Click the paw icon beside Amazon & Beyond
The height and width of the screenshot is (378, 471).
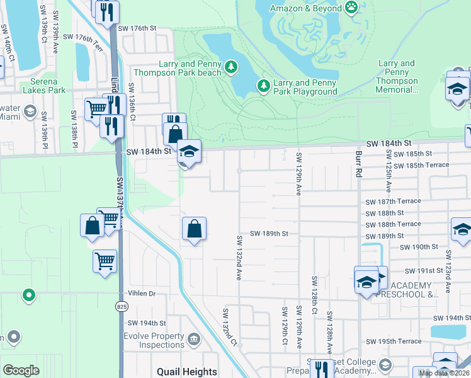tap(351, 8)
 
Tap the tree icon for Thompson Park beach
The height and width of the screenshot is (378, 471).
tap(231, 66)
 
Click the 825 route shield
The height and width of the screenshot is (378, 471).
tap(121, 306)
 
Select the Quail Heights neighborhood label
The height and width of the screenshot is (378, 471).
tap(187, 372)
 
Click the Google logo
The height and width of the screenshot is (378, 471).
tap(21, 370)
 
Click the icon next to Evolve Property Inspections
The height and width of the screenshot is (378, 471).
tap(195, 340)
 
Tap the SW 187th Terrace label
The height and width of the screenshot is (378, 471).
tap(393, 201)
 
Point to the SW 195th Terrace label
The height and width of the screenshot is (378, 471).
tap(393, 341)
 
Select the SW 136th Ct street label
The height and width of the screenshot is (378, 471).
tap(132, 102)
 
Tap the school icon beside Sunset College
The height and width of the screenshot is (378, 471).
tap(385, 365)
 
